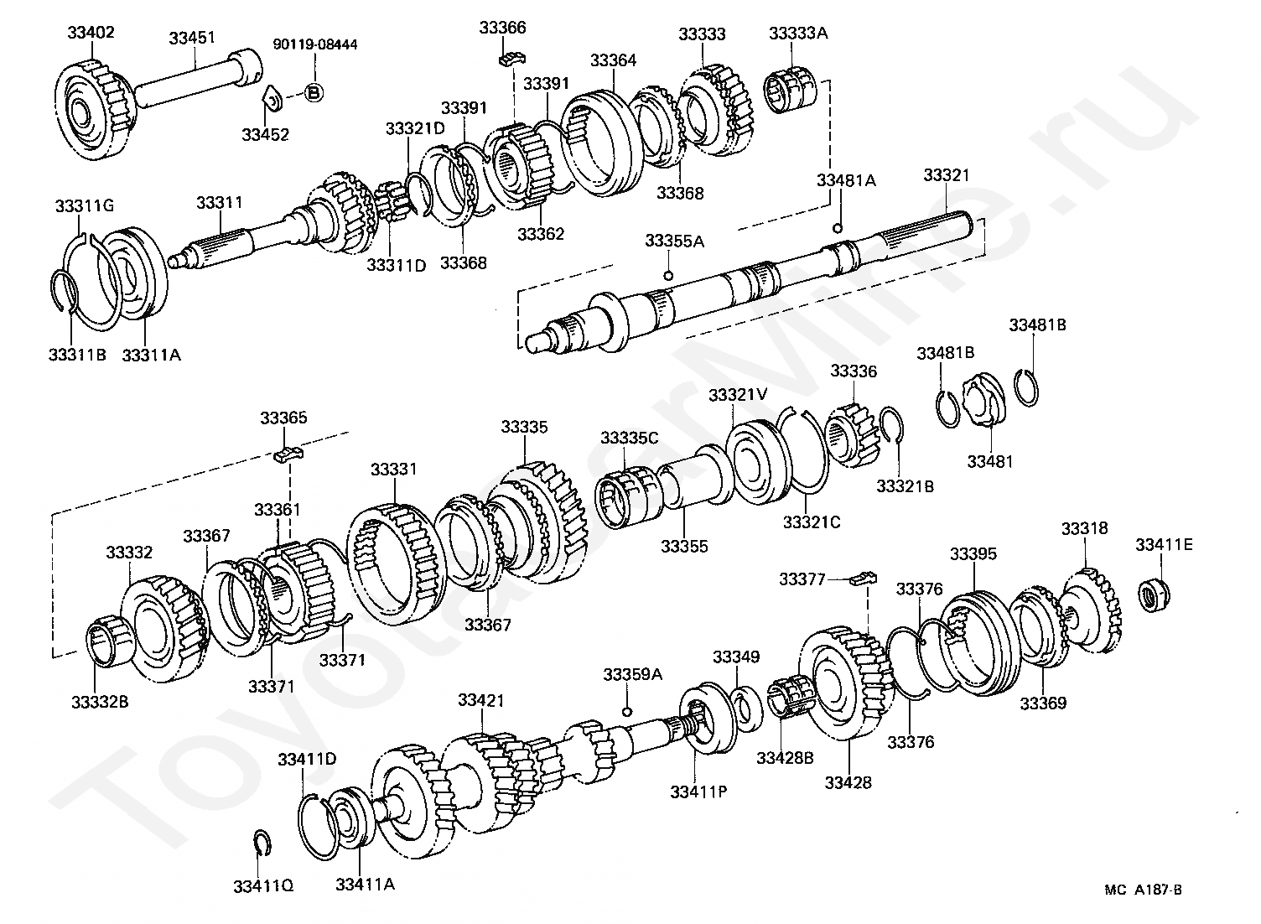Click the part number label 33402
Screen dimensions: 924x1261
tap(91, 33)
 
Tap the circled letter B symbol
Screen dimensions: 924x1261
tap(314, 92)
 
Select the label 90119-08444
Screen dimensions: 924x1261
tap(314, 44)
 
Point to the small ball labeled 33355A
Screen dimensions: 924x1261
tap(667, 276)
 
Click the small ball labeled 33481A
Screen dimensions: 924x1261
tap(836, 228)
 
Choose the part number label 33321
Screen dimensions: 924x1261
tap(947, 175)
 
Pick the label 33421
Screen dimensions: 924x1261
tap(481, 700)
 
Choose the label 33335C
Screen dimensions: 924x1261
tap(629, 438)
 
